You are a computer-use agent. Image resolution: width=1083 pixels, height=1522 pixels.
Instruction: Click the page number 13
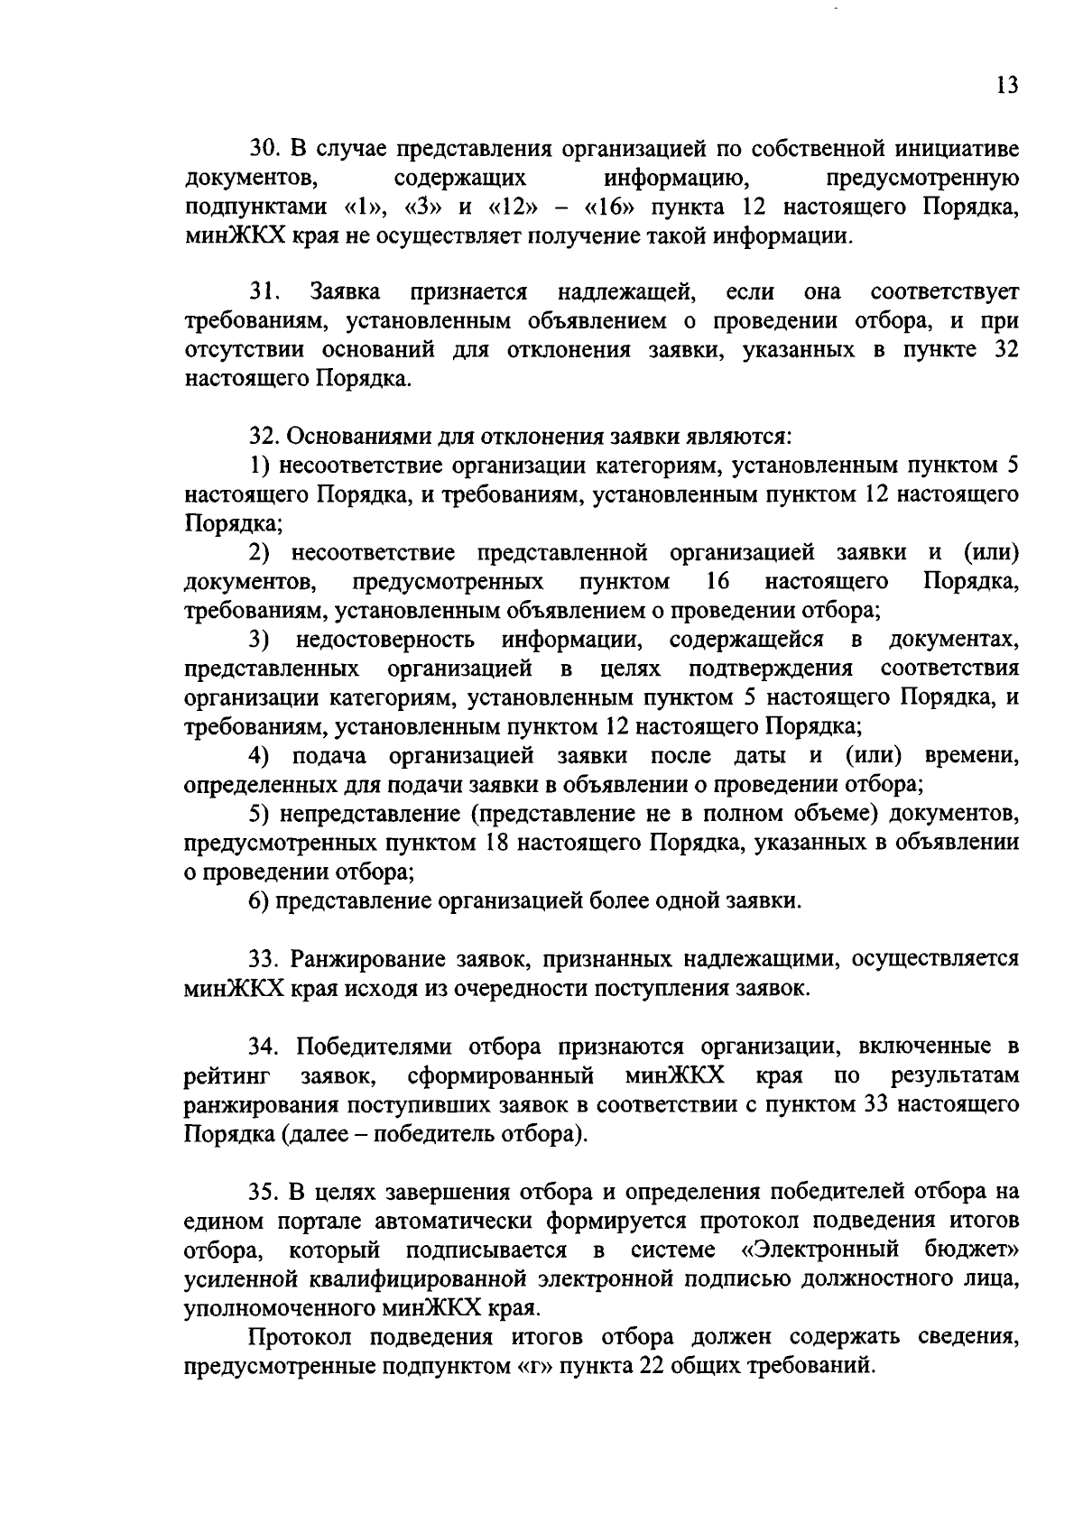point(1008,86)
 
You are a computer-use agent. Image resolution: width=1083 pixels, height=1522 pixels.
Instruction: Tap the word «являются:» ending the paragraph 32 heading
point(747,438)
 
